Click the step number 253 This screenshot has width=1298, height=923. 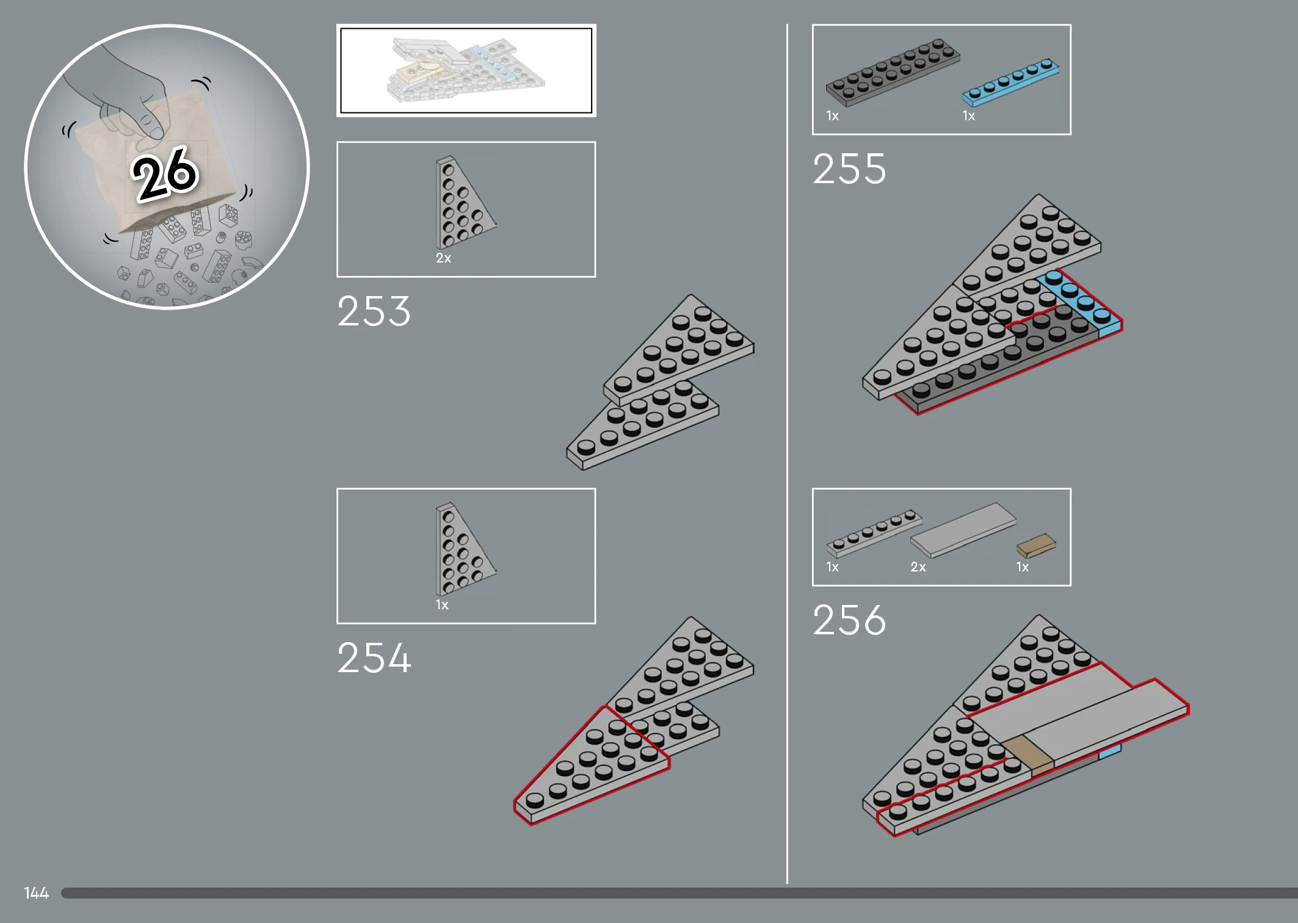point(374,311)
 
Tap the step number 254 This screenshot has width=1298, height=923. point(374,658)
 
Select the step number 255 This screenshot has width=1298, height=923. point(849,168)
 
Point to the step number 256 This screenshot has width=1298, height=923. point(849,620)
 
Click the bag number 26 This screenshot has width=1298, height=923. point(165,174)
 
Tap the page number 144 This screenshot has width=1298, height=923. point(36,893)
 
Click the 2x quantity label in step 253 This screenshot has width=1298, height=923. point(443,258)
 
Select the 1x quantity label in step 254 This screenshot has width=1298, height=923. point(442,605)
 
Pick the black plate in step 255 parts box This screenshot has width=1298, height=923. point(893,72)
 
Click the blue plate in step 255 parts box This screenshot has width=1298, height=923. point(1010,82)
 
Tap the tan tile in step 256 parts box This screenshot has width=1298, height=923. point(1036,545)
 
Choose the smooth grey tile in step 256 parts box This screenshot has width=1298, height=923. point(963,530)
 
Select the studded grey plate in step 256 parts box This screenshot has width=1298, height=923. point(874,533)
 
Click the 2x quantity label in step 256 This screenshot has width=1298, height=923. point(918,567)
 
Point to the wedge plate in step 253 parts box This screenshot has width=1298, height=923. point(465,202)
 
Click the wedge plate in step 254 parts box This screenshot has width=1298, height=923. point(465,549)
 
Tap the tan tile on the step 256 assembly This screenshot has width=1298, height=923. point(1028,756)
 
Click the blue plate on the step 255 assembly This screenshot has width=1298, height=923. point(1081,304)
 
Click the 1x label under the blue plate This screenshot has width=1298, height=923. point(969,116)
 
